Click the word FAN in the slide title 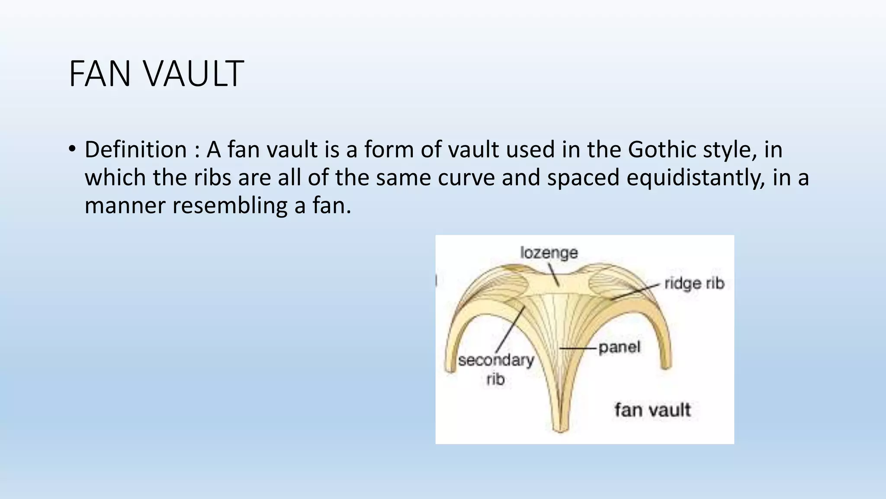[100, 74]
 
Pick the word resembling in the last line [230, 205]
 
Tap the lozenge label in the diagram [549, 252]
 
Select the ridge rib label [694, 283]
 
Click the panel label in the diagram [619, 347]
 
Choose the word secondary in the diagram [496, 360]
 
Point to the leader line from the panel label [578, 348]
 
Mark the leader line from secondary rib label [510, 329]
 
